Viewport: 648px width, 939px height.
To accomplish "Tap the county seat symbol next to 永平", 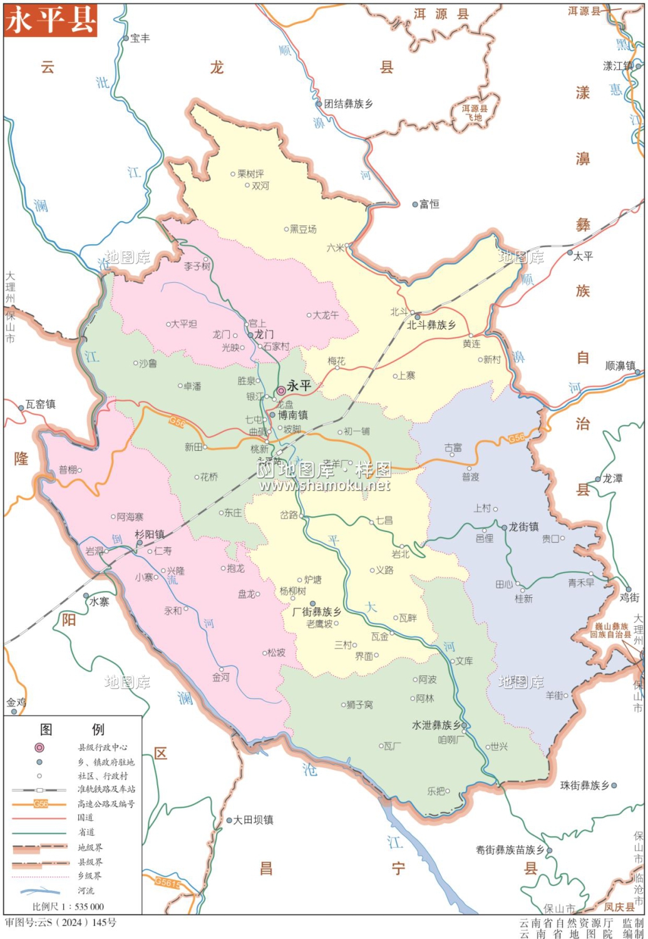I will click(x=281, y=391).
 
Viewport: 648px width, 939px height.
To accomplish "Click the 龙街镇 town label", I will click(x=523, y=526).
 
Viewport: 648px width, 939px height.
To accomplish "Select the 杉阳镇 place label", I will click(x=150, y=534).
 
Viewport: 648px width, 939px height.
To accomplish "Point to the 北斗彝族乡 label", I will click(x=431, y=325).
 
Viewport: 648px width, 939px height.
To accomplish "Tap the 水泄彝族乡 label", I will click(x=436, y=725).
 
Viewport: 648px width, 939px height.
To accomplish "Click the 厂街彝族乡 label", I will click(x=317, y=612).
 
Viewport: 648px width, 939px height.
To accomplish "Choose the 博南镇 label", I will click(x=293, y=415).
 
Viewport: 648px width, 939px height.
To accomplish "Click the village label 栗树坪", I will click(x=250, y=173).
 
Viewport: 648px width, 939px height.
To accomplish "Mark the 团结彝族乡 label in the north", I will click(x=349, y=104).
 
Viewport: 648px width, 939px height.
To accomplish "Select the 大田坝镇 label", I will click(x=253, y=819).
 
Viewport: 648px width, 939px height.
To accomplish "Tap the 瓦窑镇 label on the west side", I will click(x=41, y=404).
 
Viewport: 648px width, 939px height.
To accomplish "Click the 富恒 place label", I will click(x=429, y=204).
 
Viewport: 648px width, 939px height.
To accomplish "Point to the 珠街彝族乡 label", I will click(x=584, y=785).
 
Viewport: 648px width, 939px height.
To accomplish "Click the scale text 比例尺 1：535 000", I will click(x=68, y=906).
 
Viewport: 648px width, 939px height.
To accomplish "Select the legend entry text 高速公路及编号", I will click(x=106, y=804).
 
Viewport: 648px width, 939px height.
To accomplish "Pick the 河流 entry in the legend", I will click(x=86, y=890).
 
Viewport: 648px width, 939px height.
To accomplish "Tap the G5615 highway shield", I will click(x=167, y=883).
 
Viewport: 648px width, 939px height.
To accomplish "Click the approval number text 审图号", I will click(x=61, y=922).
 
